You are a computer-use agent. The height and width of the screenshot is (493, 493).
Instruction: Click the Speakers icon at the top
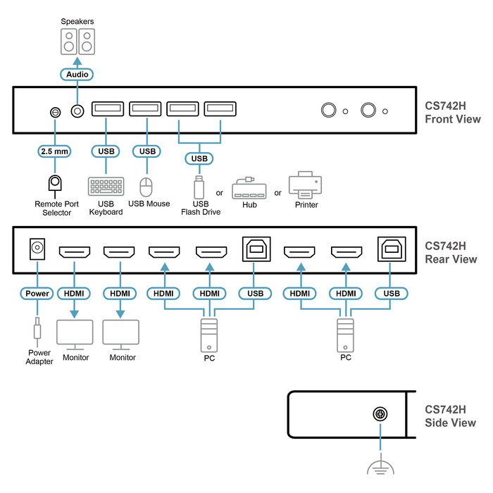click(77, 41)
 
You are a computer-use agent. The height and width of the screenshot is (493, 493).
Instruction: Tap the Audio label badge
click(77, 74)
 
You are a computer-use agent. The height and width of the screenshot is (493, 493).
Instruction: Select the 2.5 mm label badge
click(54, 151)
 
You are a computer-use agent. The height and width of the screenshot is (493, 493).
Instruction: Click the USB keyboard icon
click(106, 187)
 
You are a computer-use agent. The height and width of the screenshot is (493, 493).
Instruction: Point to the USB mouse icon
click(146, 187)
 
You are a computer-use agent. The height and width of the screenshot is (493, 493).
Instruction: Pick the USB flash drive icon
click(200, 187)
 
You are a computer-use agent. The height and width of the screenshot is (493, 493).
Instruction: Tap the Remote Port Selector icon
click(54, 183)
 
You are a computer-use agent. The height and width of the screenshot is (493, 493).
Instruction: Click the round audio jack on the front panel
click(77, 111)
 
